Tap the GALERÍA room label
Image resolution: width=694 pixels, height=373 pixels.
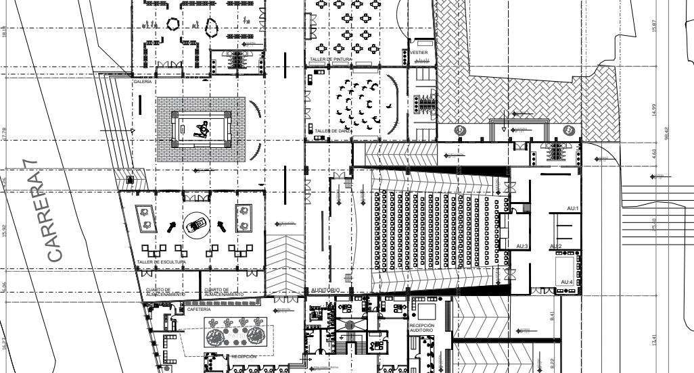coord(143,81)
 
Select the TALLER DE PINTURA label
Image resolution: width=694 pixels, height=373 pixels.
coord(331,59)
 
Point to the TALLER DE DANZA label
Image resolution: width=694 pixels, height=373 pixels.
coord(330,130)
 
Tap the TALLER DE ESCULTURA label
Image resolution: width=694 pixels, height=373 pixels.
coord(161,261)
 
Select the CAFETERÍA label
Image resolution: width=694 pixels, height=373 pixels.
coord(199,309)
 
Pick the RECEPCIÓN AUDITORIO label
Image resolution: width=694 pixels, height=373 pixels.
coord(426,327)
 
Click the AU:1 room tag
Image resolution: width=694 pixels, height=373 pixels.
coord(573,208)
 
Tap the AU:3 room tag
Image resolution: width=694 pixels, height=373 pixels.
coord(522,246)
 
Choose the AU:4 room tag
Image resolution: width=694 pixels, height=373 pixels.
coord(566,282)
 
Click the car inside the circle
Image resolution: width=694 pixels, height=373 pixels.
coord(195,225)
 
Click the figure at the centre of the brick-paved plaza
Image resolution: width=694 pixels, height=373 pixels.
coord(201,129)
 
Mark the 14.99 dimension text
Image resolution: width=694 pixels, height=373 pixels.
coord(654,109)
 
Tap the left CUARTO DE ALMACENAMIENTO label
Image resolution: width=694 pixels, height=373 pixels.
coord(166,293)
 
